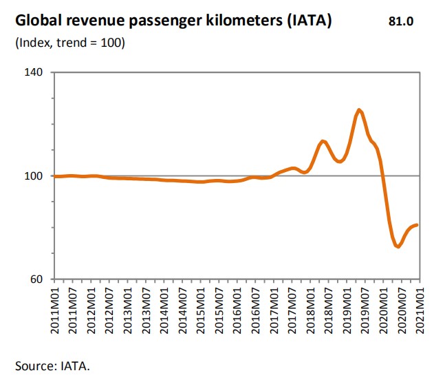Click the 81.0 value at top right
(x=401, y=21)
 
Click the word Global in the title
(x=39, y=21)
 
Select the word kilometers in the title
(x=232, y=21)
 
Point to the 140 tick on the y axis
(x=34, y=72)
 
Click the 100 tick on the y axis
(x=34, y=176)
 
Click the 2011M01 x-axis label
(x=56, y=313)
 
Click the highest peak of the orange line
(x=360, y=110)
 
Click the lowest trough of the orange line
(x=398, y=246)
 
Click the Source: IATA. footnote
(x=52, y=365)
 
